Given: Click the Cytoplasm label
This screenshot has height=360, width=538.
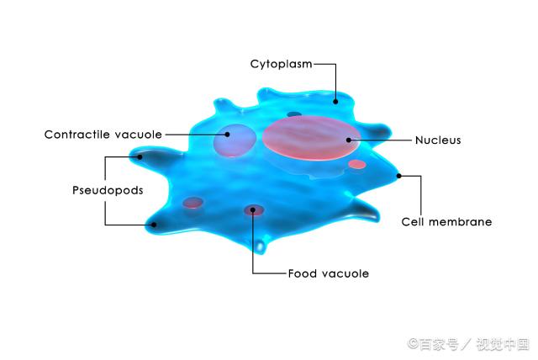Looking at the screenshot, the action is coord(280,64).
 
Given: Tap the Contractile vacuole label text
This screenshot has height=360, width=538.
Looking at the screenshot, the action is coord(103,134).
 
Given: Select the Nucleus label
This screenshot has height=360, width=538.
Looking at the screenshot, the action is coord(438,140).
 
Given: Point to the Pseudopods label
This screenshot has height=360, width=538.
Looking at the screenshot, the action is coord(108,190).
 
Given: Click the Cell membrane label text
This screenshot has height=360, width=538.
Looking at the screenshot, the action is coord(446,222).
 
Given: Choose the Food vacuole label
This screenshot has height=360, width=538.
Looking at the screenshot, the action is coord(329,273).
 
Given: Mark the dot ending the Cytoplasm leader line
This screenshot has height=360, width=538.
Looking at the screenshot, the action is coord(336,101).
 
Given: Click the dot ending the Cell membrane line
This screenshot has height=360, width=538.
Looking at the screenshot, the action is coord(398,176).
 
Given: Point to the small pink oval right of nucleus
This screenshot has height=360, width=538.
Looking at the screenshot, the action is coord(357,164).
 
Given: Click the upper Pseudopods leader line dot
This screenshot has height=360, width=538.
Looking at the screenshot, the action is coord(140,156).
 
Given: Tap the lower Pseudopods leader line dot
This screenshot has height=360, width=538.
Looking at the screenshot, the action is coord(153,225).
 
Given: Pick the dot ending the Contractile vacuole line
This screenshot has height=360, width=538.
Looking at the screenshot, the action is coord(227,133).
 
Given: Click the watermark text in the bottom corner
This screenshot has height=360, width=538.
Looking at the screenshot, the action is coord(468,343).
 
